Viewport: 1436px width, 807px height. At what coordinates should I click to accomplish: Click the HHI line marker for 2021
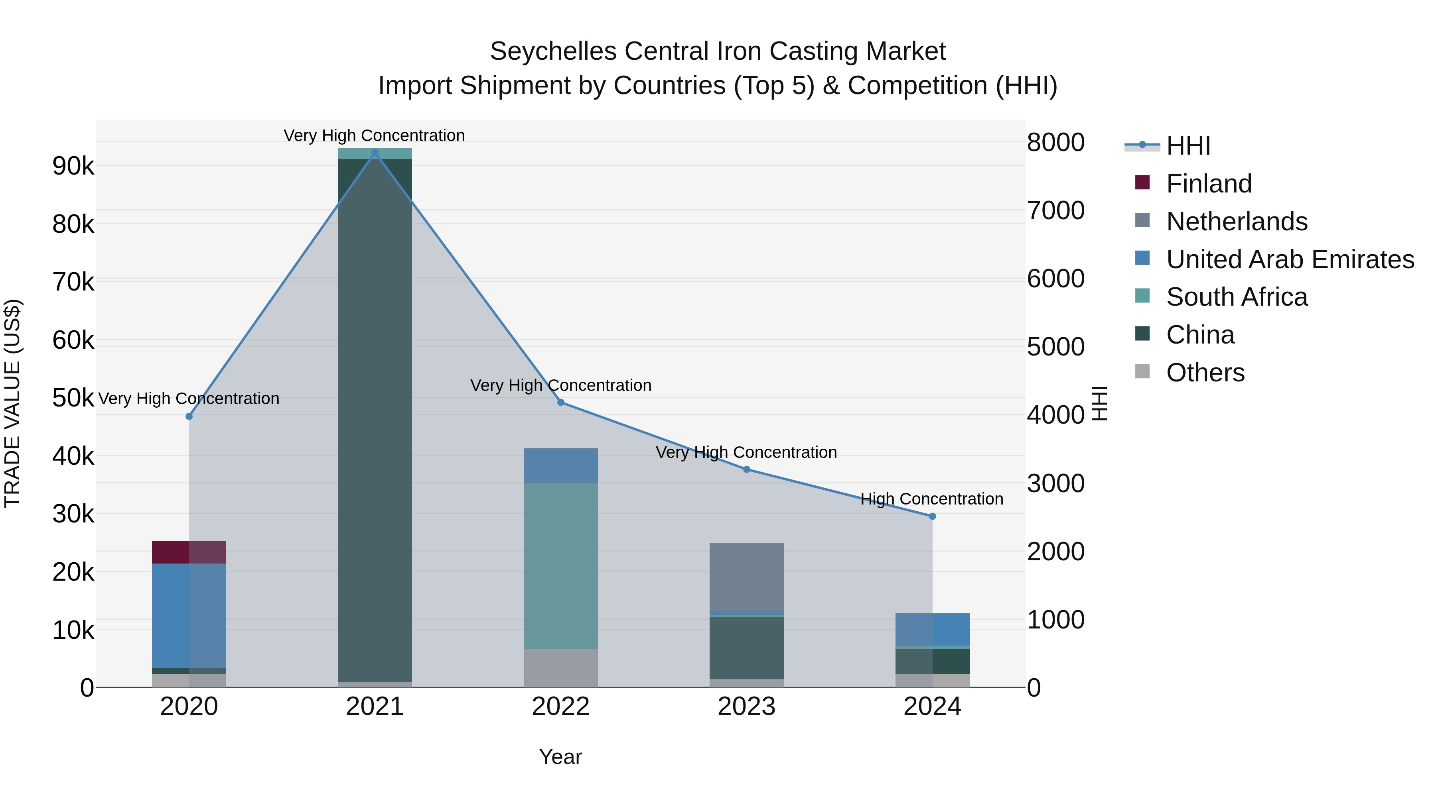pos(375,153)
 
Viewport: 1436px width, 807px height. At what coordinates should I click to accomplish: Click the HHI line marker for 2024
pos(932,516)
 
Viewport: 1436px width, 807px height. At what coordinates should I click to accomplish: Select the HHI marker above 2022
pos(561,402)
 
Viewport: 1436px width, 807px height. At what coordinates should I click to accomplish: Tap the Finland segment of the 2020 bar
pos(189,552)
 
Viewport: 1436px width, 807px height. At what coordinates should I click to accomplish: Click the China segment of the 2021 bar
pos(375,418)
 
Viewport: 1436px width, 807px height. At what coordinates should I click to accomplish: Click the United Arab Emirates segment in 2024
pos(932,629)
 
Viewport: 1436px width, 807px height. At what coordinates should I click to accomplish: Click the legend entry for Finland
pos(1209,184)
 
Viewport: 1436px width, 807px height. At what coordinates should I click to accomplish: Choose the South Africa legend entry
pos(1237,297)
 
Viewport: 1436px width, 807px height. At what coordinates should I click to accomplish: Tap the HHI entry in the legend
pos(1188,146)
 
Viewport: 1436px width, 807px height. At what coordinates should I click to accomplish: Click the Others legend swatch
pos(1142,371)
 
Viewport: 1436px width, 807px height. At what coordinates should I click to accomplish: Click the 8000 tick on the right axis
pos(1055,143)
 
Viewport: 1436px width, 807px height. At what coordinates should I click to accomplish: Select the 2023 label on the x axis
pos(746,707)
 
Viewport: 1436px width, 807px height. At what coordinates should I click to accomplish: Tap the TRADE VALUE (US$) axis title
pos(12,403)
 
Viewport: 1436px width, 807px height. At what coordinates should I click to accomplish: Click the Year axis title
pos(560,757)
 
